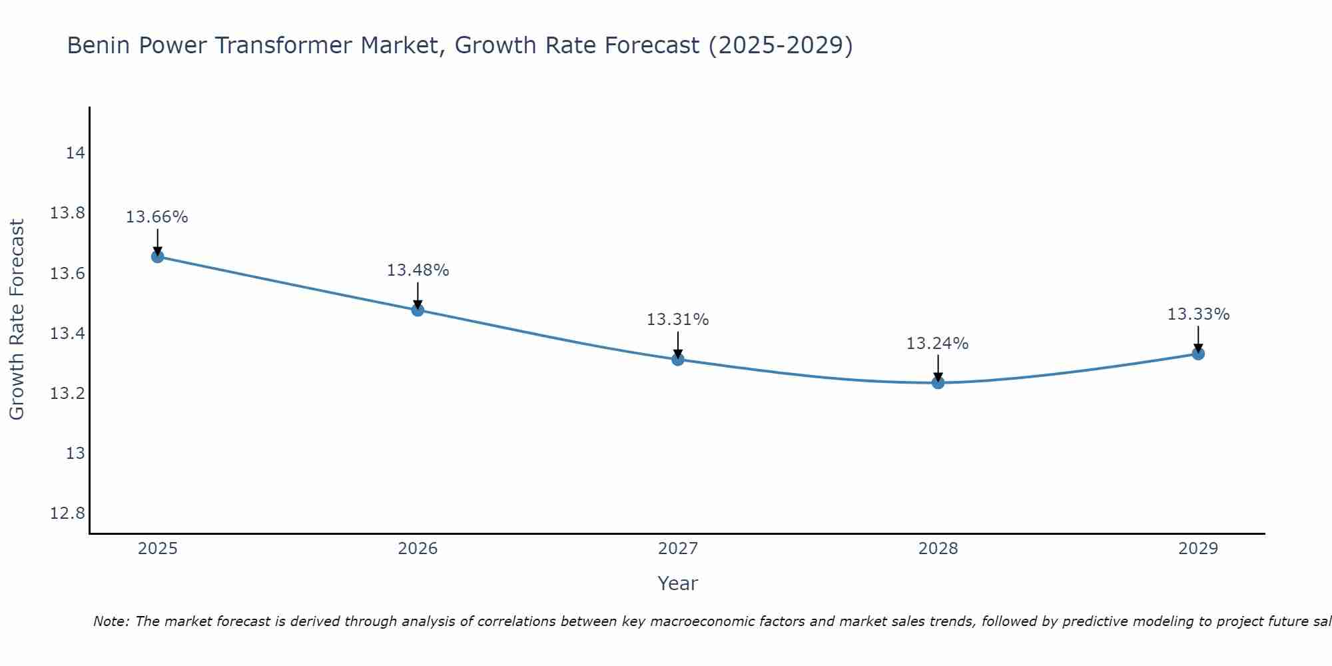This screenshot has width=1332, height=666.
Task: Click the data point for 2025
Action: pos(158,256)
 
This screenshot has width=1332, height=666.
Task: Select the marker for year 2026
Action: pos(418,310)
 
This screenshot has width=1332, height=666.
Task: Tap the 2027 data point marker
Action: pos(678,360)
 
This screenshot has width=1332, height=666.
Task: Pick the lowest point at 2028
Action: pos(938,382)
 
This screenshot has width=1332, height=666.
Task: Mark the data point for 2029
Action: pos(1198,354)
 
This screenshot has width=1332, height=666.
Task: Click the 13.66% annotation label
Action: pos(157,217)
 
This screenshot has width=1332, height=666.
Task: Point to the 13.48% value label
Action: pos(418,270)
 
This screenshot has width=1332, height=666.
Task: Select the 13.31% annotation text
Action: pos(678,320)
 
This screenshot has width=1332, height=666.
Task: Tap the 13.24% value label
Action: pos(937,344)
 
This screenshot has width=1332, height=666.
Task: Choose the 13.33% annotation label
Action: pos(1198,314)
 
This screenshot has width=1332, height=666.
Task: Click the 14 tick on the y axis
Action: pos(75,153)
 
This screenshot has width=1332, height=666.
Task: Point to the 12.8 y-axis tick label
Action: pos(68,513)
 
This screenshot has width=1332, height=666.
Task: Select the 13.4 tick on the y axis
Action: pos(68,334)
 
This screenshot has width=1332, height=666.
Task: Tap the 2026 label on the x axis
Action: pos(418,549)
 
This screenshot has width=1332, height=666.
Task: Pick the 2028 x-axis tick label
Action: pos(938,549)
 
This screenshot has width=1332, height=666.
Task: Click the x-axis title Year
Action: pos(677,583)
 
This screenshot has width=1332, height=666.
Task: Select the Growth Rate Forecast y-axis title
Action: pos(17,320)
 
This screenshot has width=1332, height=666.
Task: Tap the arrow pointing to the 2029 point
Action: pos(1198,338)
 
